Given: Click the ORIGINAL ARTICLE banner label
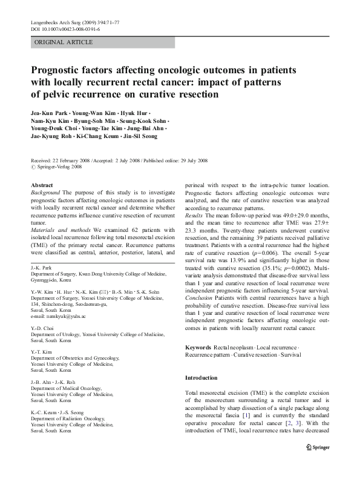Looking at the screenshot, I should [x=64, y=42].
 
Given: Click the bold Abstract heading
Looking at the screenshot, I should [x=42, y=185].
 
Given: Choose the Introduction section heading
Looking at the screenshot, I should [x=201, y=378].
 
